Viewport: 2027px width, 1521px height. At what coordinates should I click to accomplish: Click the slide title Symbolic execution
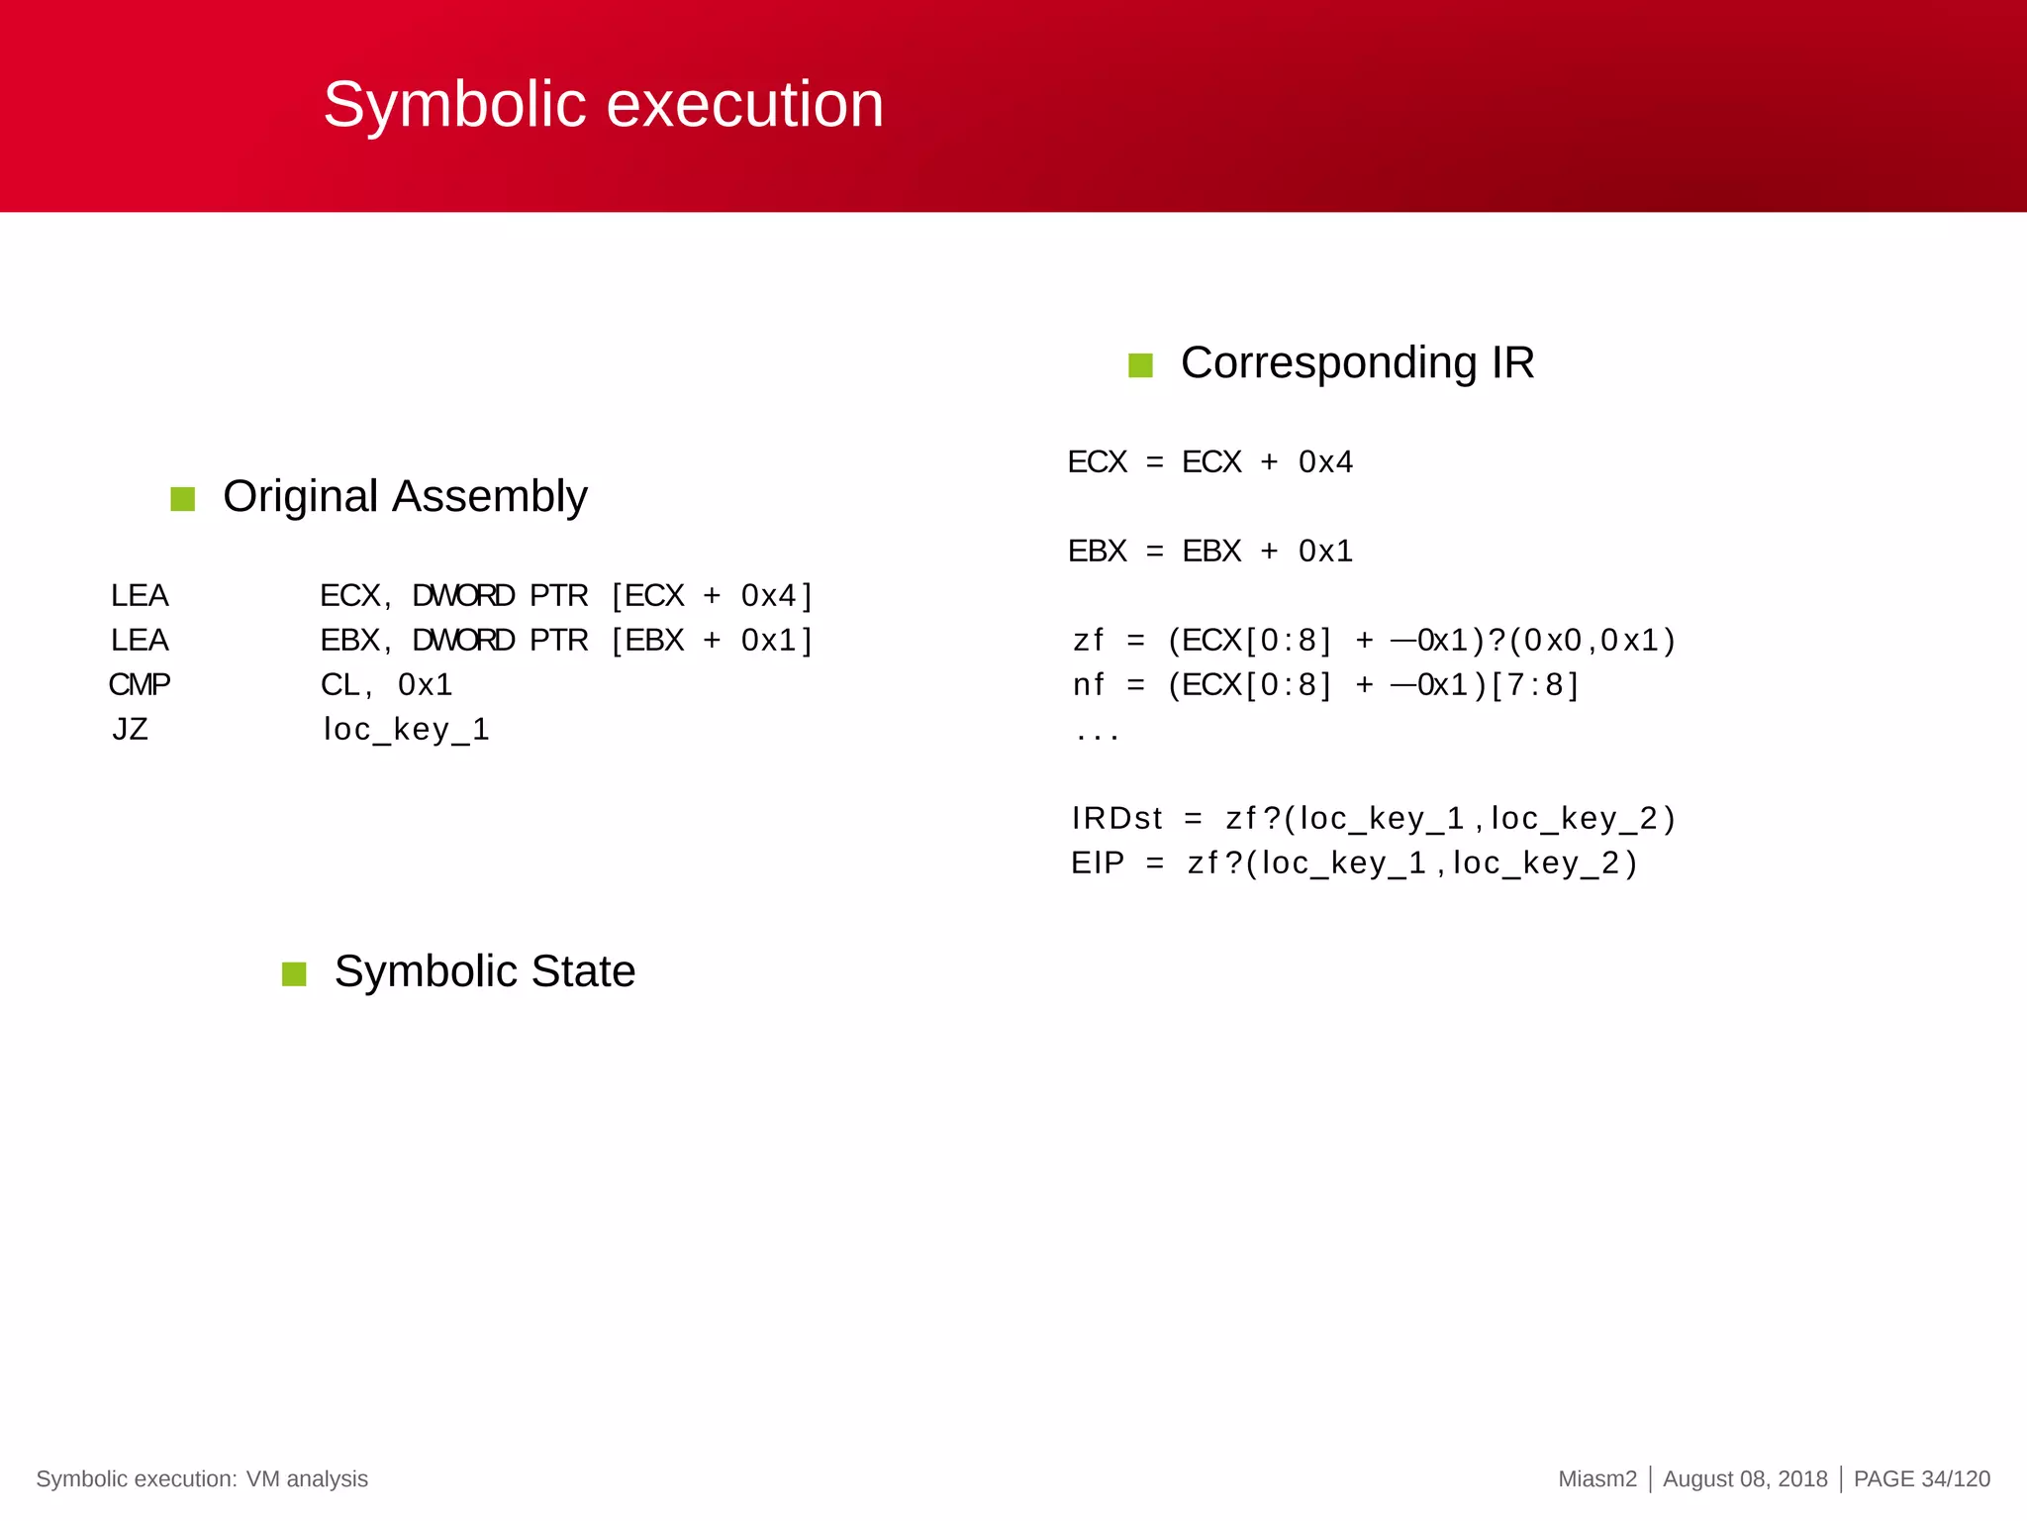coord(603,104)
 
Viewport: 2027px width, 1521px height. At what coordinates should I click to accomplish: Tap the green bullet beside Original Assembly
coord(183,499)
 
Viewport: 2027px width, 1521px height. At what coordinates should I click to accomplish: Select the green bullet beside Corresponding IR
coord(1140,365)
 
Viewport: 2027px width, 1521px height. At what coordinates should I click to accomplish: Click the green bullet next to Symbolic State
coord(294,974)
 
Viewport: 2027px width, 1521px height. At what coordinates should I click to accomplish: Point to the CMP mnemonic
coord(140,684)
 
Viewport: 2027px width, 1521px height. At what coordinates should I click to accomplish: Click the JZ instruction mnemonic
coord(130,730)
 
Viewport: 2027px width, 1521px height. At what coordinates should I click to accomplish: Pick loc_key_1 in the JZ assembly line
coord(406,730)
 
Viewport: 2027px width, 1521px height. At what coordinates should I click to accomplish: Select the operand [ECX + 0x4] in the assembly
coord(712,596)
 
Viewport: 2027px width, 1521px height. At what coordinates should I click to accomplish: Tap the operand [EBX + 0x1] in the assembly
coord(712,641)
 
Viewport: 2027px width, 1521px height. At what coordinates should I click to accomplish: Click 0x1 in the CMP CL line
coord(426,685)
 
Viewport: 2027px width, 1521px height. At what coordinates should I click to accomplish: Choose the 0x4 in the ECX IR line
coord(1325,462)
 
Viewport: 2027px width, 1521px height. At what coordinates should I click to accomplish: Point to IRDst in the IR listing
coord(1116,819)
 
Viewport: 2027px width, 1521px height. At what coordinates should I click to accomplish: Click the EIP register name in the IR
coord(1098,863)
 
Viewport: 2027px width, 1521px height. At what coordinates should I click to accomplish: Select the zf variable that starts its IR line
coord(1088,641)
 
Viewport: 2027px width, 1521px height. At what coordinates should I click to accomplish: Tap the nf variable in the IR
coord(1088,685)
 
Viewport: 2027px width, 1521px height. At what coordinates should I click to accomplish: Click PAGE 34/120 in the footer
coord(1921,1479)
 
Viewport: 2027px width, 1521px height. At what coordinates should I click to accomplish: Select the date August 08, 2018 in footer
coord(1745,1479)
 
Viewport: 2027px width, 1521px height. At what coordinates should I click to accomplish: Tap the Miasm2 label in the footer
coord(1597,1479)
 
